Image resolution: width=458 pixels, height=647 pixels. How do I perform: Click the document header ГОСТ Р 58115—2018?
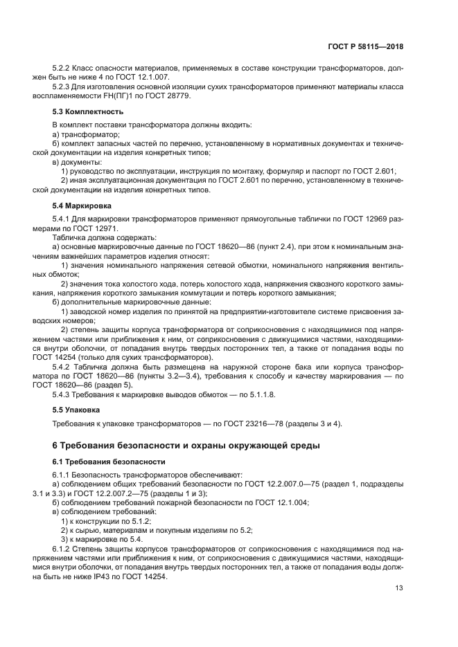pos(365,46)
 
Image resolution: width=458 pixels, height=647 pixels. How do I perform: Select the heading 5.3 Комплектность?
pos(89,111)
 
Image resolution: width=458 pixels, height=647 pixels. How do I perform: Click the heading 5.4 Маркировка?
pos(83,206)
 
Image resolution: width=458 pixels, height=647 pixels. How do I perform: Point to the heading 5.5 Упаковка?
pos(78,410)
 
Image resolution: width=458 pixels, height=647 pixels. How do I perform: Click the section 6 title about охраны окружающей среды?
pos(186,444)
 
